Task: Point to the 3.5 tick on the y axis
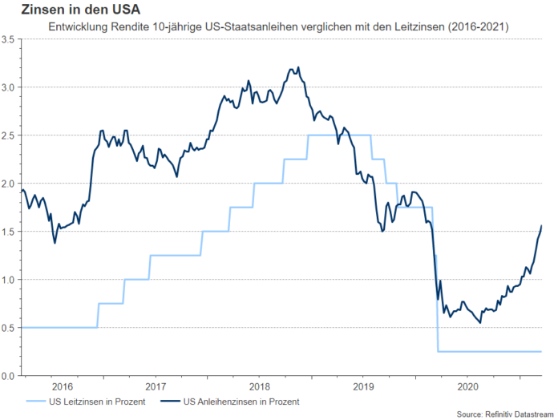click(9, 38)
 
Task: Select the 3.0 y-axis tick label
click(9, 87)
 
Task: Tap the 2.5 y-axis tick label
click(9, 135)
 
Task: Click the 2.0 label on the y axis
click(9, 183)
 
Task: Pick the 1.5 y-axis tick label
click(9, 232)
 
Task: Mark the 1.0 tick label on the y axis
click(9, 280)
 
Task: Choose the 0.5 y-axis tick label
click(9, 328)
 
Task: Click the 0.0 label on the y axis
click(9, 376)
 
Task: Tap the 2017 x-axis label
click(155, 386)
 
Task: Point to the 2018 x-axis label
click(258, 386)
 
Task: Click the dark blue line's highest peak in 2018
click(298, 67)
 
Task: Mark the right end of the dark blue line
click(541, 226)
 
